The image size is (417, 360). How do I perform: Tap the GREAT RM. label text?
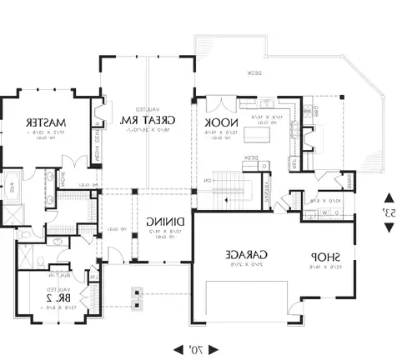(137, 122)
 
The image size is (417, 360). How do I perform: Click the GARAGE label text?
(250, 254)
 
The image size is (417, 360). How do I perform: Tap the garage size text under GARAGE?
(250, 265)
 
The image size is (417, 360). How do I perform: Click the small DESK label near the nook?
(249, 157)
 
